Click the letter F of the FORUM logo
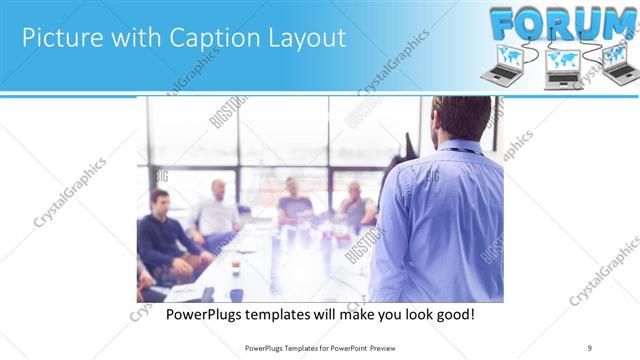(508, 23)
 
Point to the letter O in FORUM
(541, 23)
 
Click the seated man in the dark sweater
(160, 235)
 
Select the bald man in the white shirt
(217, 213)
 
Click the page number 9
(590, 347)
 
